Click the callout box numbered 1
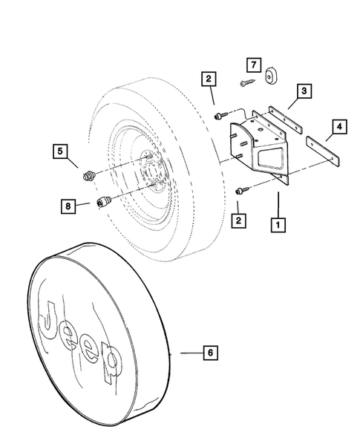pos(278,223)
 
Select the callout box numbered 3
pos(304,93)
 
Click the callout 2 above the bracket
pos(209,79)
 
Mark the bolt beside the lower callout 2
pos(240,191)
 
